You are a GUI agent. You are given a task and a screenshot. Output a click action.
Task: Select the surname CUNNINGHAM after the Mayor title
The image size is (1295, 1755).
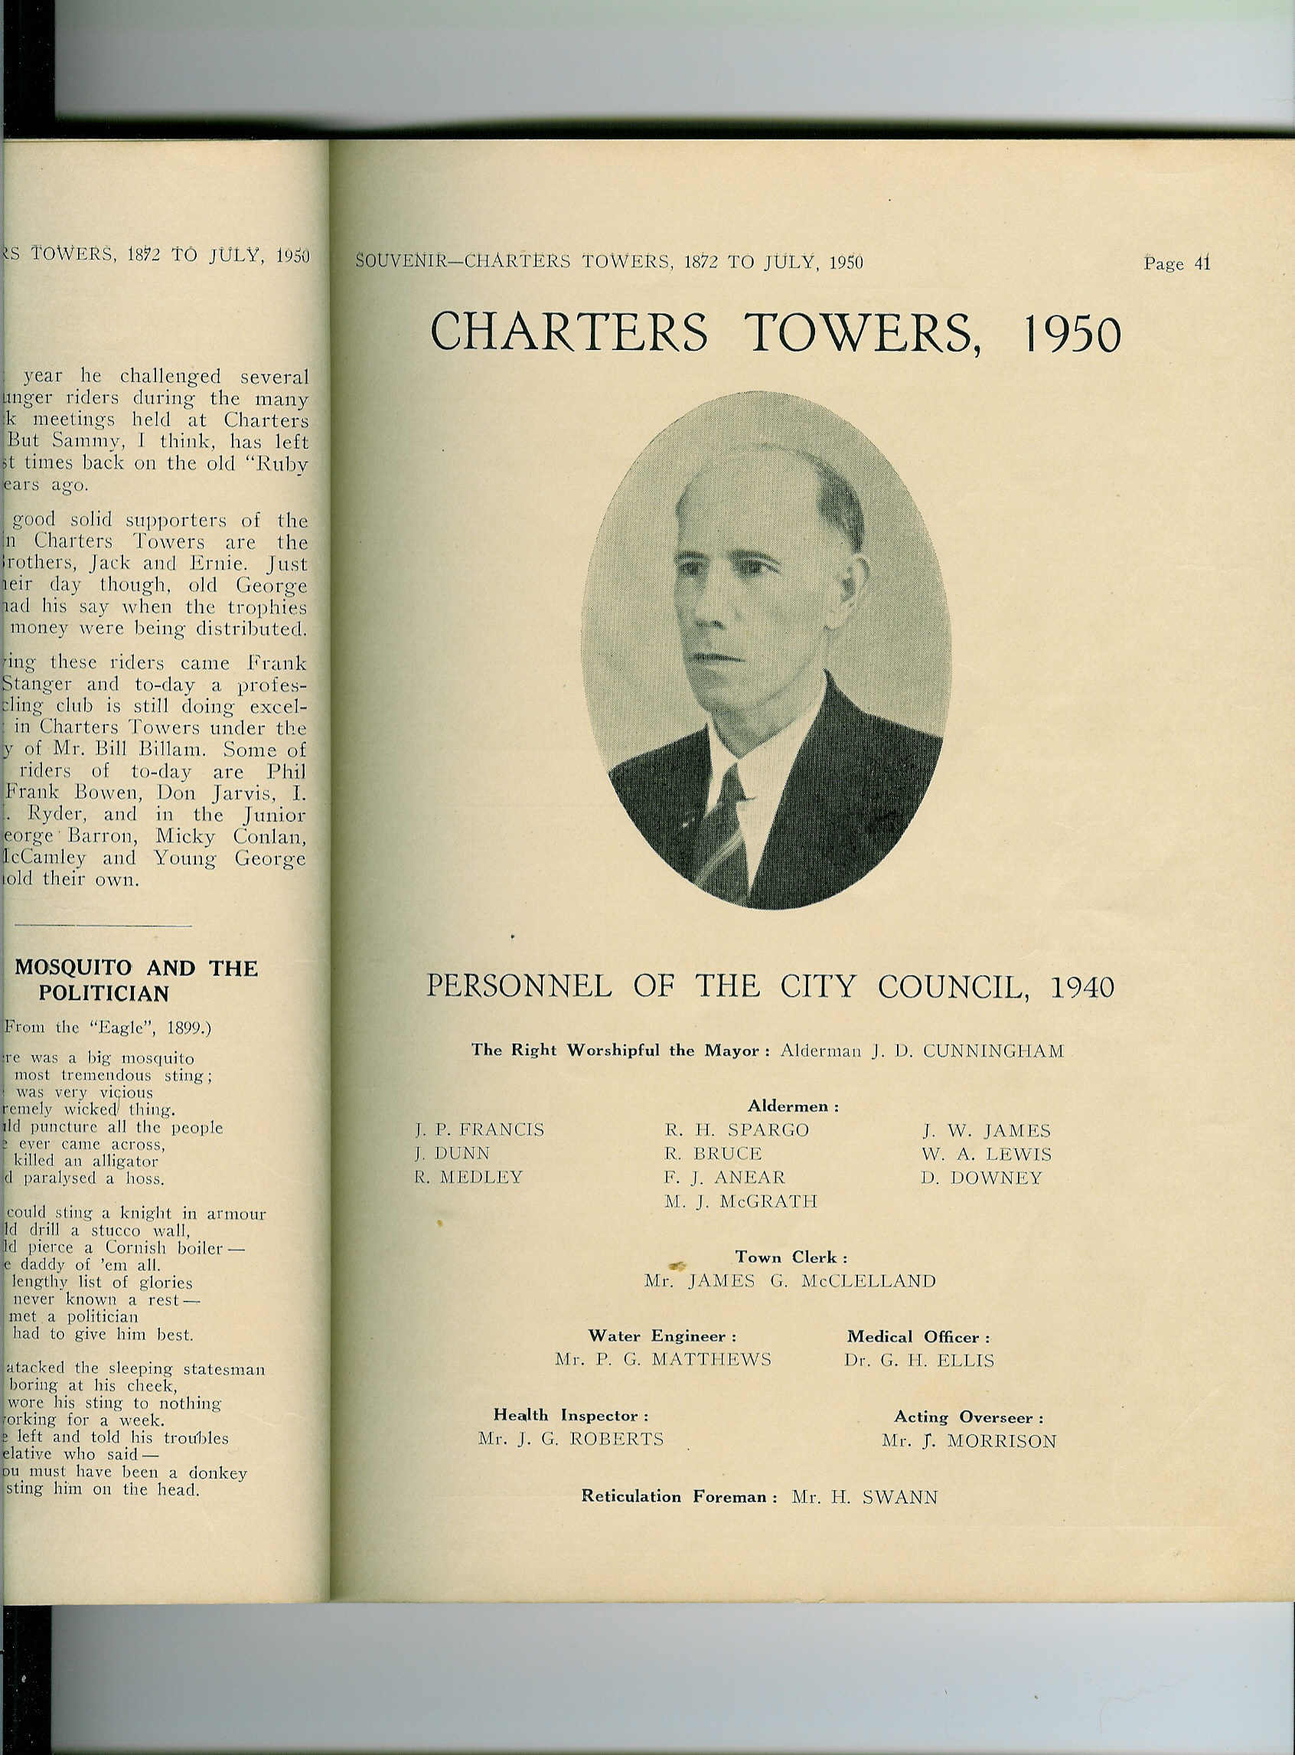(993, 1051)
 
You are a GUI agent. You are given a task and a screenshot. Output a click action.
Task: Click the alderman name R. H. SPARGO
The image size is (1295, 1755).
(736, 1130)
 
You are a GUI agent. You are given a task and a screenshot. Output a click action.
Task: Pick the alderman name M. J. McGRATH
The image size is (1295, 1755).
(740, 1201)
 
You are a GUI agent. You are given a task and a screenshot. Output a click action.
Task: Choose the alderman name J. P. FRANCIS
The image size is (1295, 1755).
(479, 1130)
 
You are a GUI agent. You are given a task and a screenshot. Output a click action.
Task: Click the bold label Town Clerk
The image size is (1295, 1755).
(790, 1258)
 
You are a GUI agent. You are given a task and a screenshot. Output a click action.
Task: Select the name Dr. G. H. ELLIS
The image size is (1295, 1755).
(918, 1361)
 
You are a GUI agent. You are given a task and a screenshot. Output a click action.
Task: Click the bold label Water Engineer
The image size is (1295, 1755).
(661, 1336)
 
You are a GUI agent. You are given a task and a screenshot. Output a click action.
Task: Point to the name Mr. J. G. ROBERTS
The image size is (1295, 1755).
(571, 1439)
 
